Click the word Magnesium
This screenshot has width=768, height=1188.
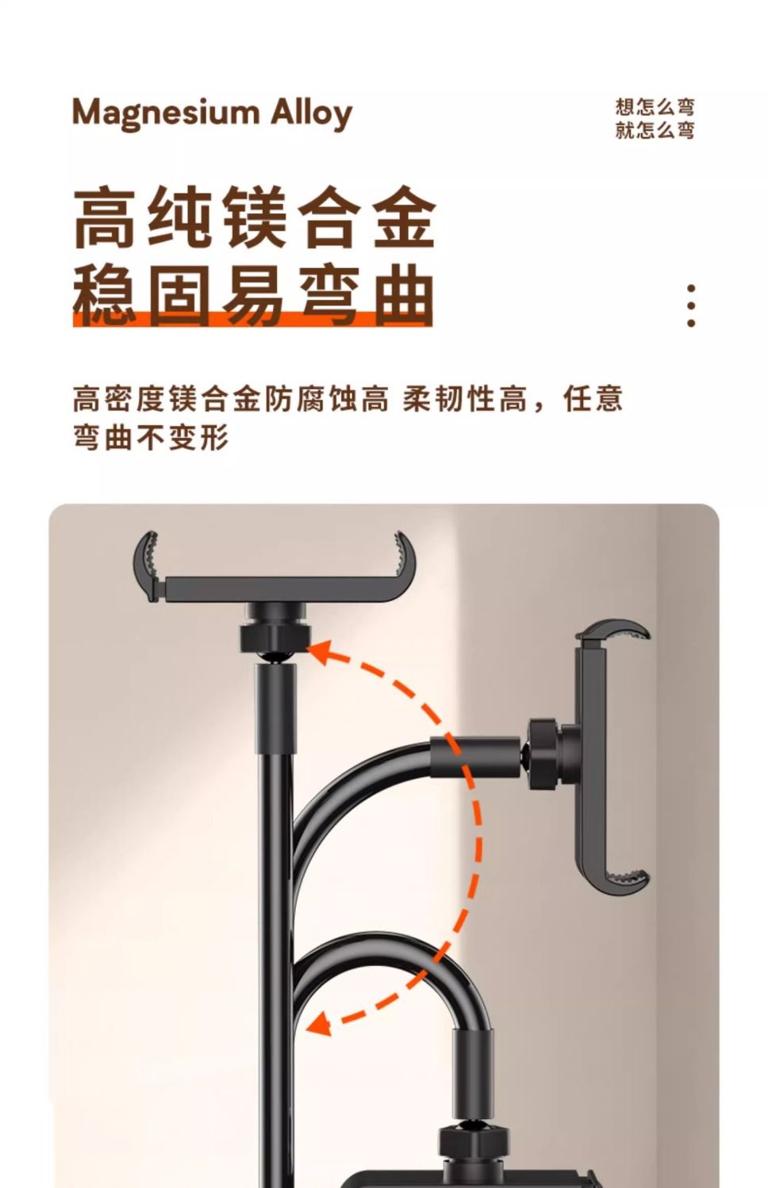click(x=166, y=114)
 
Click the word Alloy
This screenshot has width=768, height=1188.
click(x=312, y=113)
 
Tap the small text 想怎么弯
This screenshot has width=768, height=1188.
click(x=655, y=107)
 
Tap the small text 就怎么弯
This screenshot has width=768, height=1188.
click(x=655, y=130)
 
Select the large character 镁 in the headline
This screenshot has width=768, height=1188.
click(x=254, y=217)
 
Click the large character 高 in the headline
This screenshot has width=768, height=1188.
click(x=104, y=217)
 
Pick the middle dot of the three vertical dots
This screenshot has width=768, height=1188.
click(x=690, y=305)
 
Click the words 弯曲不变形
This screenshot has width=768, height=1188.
click(x=151, y=437)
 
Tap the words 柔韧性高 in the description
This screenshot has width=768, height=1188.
click(x=465, y=399)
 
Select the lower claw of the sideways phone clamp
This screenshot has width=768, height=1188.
click(x=626, y=880)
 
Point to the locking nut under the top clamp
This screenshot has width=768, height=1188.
click(x=275, y=638)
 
